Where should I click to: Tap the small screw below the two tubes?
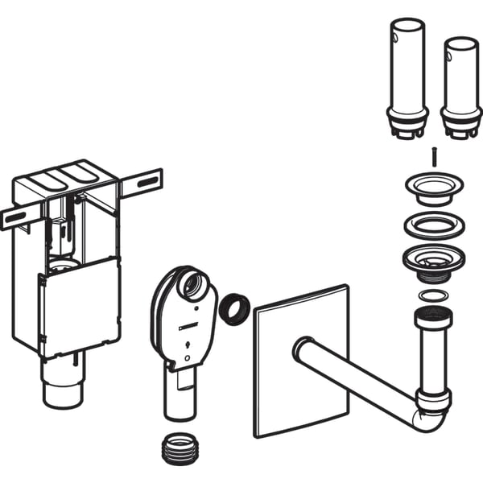434,157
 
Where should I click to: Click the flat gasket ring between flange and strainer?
434,225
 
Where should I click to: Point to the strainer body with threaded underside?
434,262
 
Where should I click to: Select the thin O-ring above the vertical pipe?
434,296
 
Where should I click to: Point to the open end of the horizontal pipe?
300,349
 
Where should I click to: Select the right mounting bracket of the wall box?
142,183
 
